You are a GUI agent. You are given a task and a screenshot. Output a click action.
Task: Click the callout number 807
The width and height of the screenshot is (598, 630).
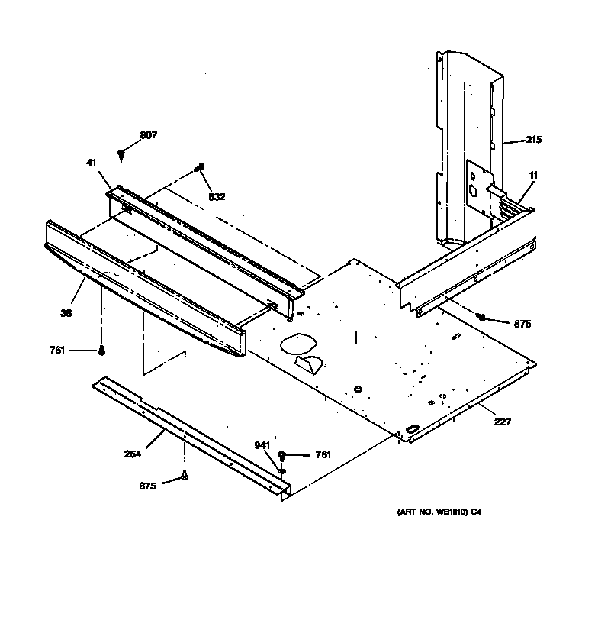[x=148, y=135]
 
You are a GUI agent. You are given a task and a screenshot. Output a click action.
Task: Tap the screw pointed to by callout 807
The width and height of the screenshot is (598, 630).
[x=121, y=154]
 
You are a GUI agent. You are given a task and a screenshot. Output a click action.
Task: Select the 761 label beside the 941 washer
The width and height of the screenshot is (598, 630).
[x=323, y=455]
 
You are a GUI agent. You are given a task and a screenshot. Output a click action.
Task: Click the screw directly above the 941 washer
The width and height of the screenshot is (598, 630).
[x=281, y=455]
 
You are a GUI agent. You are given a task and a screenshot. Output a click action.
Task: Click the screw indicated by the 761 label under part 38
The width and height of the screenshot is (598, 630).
[x=101, y=351]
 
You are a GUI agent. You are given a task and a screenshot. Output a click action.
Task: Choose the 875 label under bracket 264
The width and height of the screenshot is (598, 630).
[x=148, y=485]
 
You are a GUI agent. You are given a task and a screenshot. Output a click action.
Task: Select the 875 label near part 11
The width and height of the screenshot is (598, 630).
[x=522, y=324]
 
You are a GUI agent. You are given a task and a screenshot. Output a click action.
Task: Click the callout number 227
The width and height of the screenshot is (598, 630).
[x=502, y=422]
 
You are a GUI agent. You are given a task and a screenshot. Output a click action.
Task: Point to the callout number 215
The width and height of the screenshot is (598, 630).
[x=533, y=140]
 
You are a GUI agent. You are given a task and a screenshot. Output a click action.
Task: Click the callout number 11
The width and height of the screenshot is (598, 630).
[x=533, y=176]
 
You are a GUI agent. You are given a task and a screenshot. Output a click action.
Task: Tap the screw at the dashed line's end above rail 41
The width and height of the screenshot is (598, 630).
[x=200, y=166]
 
